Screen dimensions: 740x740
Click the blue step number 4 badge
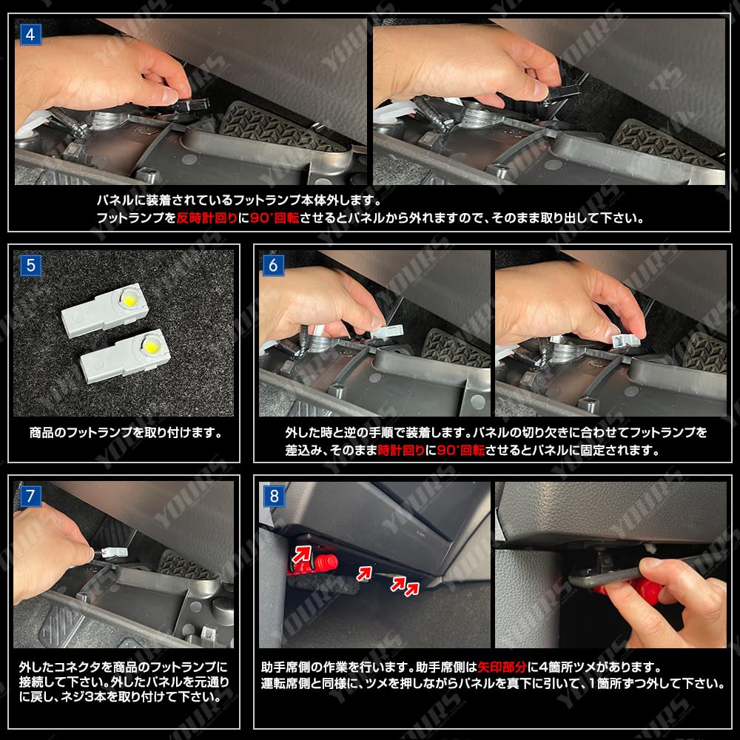(x=30, y=35)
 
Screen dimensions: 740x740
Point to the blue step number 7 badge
(x=30, y=497)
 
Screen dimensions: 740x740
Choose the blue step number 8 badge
(x=274, y=497)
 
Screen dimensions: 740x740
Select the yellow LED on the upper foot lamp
(x=127, y=300)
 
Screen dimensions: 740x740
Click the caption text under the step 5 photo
(x=126, y=432)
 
